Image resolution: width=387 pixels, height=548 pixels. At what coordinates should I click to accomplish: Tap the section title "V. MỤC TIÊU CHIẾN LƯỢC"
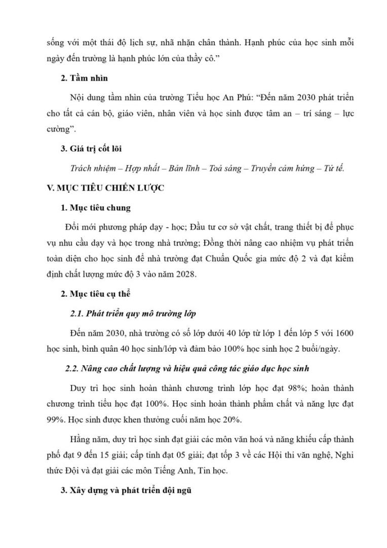[105, 188]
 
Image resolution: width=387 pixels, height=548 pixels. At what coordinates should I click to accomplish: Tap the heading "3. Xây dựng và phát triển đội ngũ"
[126, 491]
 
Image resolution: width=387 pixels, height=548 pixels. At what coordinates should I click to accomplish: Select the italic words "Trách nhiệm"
[92, 168]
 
